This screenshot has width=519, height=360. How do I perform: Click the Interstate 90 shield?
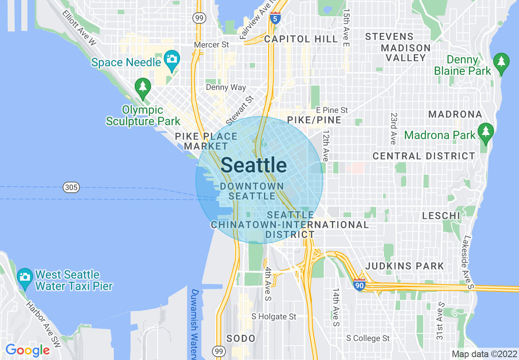point(359,284)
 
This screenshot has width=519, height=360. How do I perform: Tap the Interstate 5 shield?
point(275,19)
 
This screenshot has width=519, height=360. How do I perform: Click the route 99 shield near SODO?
point(218,351)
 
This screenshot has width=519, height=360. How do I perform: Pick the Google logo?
point(27,350)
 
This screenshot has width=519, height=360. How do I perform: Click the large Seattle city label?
point(254,165)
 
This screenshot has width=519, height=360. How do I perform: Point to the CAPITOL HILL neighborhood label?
point(301,39)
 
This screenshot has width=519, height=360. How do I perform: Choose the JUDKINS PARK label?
point(404,266)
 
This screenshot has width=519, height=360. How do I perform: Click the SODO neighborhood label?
point(241,339)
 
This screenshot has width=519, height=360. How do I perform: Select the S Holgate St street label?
point(274,317)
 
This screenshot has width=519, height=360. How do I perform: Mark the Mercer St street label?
point(212,45)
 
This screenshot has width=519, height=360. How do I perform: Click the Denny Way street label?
point(226,87)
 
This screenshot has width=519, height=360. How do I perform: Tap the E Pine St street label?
point(332,110)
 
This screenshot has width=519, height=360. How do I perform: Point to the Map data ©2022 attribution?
point(484,354)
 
